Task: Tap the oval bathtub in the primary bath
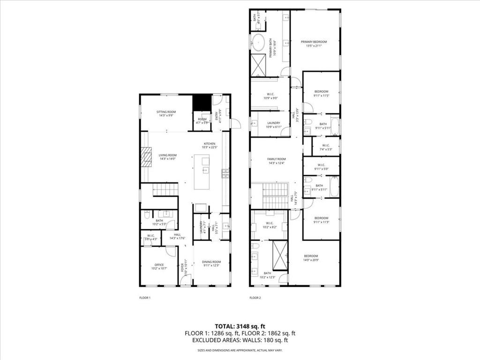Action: pos(258,42)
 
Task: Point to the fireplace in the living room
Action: pos(146,157)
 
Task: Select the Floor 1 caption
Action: pos(145,298)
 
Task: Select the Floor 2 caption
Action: pos(255,298)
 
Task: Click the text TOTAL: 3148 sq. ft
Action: pos(240,326)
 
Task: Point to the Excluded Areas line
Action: pos(240,340)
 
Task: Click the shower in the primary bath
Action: pos(258,65)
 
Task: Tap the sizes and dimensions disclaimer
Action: pos(240,350)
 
